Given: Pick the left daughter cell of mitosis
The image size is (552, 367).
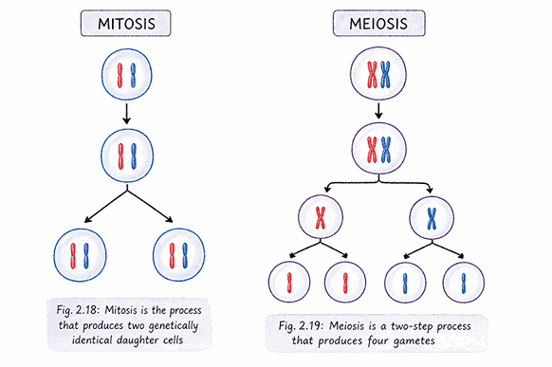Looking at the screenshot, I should point(79,255).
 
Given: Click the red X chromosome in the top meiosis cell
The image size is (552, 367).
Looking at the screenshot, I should point(369,75).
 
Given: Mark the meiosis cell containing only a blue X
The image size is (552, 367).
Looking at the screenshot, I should point(432,218).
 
